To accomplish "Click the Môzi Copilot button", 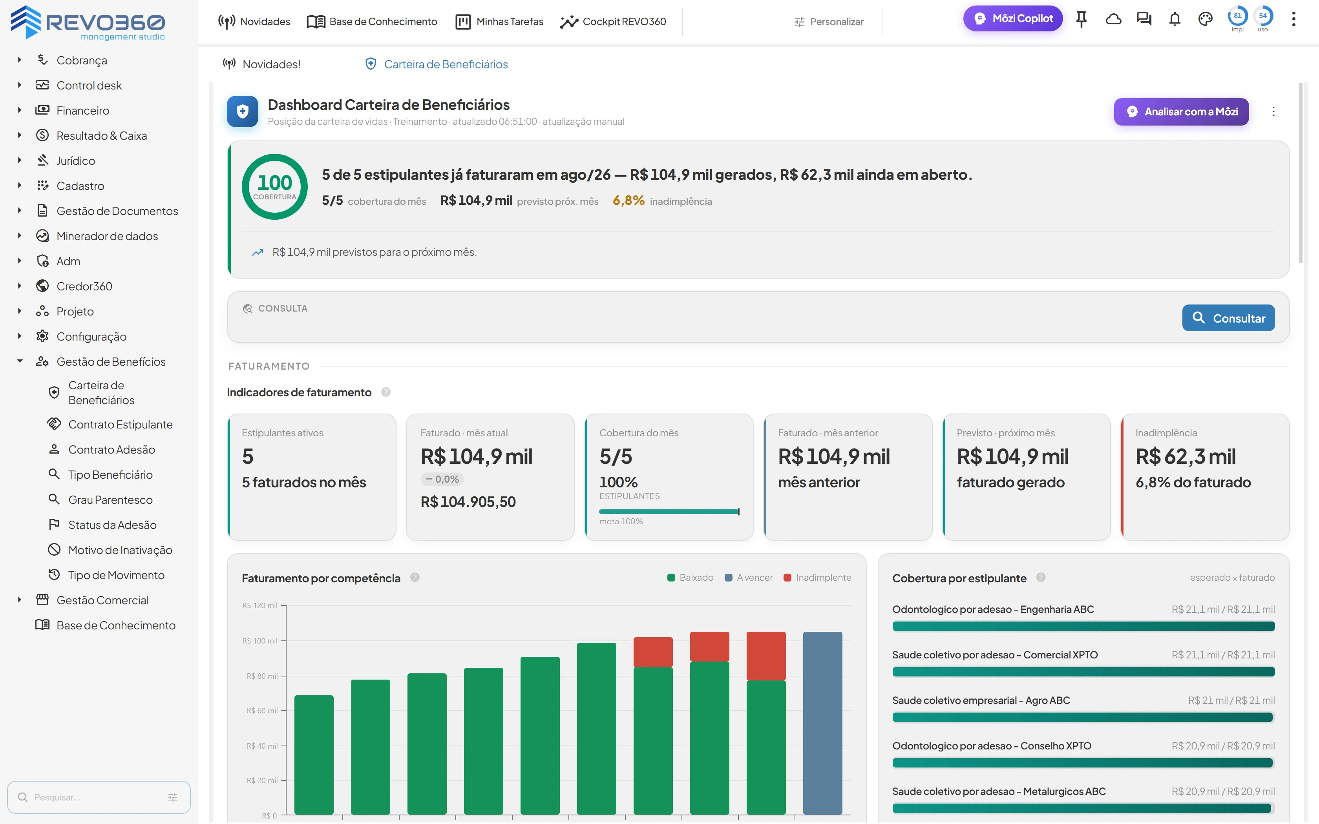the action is click(x=1013, y=18).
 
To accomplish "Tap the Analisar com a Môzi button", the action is click(x=1181, y=112).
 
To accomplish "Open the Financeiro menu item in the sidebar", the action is click(x=83, y=111).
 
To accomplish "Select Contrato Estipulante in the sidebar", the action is click(x=120, y=425).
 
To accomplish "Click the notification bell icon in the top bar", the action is click(x=1175, y=20).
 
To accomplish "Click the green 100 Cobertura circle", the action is click(x=275, y=187).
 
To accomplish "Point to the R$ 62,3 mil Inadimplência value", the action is click(x=1186, y=457).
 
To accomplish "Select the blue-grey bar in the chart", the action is click(x=822, y=723).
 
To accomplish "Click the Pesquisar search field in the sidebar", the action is click(x=99, y=797).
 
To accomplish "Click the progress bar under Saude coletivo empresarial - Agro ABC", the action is click(x=1082, y=717).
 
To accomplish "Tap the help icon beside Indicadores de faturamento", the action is click(x=386, y=392).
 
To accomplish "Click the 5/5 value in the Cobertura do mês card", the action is click(x=616, y=457).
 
